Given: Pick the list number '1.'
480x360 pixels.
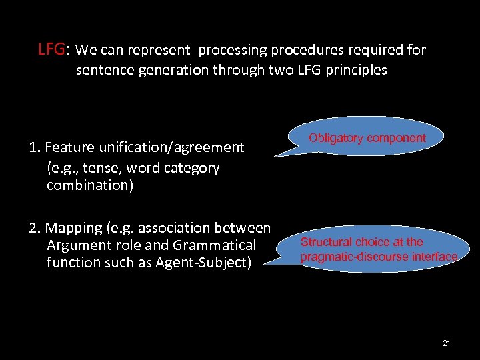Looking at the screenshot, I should [35, 147].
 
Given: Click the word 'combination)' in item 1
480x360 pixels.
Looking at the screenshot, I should [90, 185].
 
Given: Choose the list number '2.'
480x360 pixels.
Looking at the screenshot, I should [35, 229].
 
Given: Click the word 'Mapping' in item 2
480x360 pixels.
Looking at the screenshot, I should [73, 229].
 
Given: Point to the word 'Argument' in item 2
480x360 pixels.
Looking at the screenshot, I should [76, 246].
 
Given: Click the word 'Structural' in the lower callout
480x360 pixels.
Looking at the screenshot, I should [327, 242].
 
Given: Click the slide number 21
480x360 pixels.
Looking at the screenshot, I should [446, 343].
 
